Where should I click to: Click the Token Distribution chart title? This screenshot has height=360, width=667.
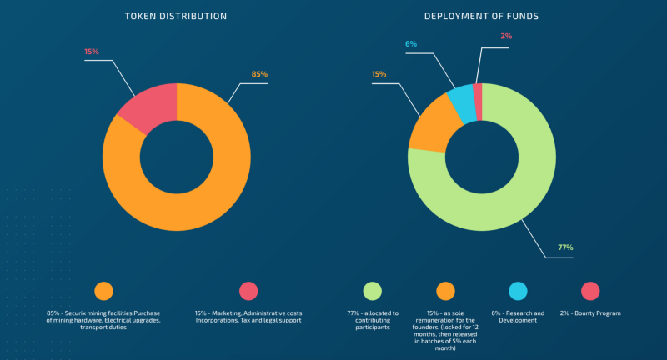(175, 16)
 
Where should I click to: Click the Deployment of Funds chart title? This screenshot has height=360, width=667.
(481, 16)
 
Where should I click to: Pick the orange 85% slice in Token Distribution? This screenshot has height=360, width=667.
(200, 200)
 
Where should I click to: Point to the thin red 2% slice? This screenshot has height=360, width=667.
(478, 92)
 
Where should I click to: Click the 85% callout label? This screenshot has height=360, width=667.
(259, 74)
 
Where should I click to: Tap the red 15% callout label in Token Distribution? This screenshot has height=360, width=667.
(92, 52)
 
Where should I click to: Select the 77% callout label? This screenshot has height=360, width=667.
(564, 247)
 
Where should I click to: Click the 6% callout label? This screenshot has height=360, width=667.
(410, 43)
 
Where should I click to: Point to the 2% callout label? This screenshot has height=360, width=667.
(506, 37)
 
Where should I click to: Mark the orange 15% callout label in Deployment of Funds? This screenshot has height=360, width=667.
(379, 74)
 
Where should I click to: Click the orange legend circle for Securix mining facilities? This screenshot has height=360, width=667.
(103, 291)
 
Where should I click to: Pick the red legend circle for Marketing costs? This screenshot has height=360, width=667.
(248, 291)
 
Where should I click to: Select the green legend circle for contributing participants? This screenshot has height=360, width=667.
(372, 291)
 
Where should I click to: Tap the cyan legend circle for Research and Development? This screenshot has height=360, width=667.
(518, 291)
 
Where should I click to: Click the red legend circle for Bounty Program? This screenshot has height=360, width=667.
(590, 291)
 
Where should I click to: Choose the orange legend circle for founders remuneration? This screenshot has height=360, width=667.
(445, 291)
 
